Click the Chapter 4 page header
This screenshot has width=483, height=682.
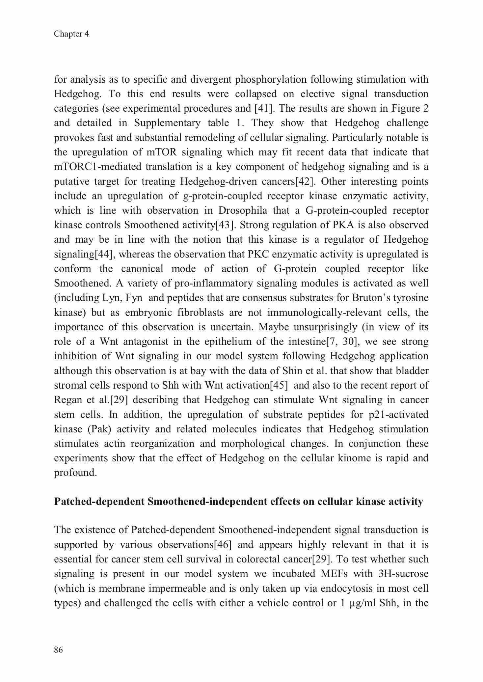click(71, 34)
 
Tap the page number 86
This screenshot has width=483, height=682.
click(58, 650)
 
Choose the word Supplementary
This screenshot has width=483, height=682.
click(167, 123)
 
